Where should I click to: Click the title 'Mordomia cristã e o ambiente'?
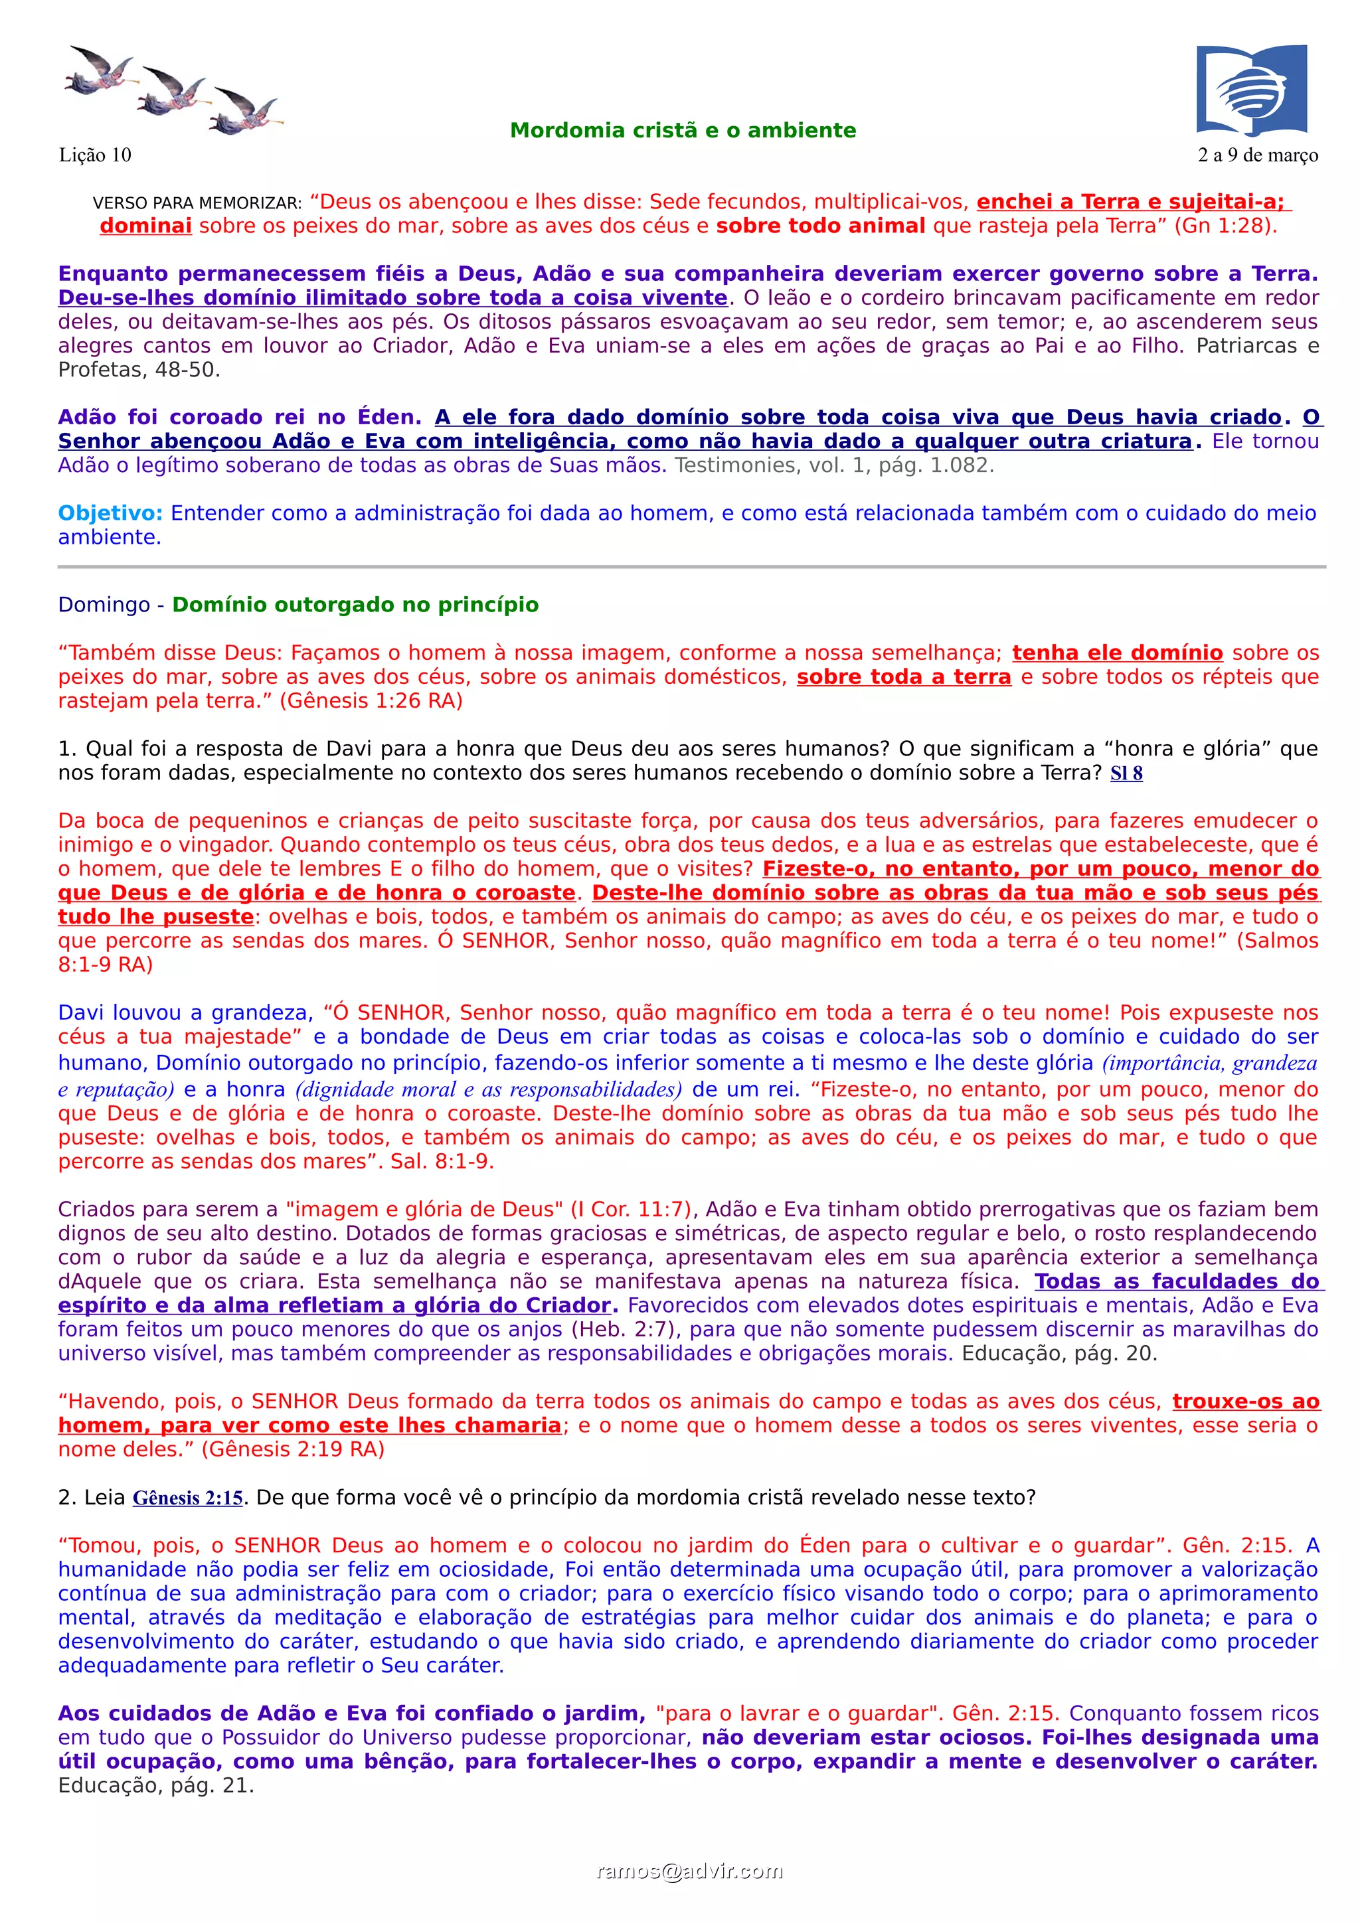pos(683,131)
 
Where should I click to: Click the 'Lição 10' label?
pos(95,155)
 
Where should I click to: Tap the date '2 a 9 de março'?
pos(1258,155)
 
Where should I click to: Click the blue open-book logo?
pos(1251,90)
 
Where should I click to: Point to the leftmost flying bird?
pos(99,70)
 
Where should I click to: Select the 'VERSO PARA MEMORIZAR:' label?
pos(197,204)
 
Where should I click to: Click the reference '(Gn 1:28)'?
pos(1226,226)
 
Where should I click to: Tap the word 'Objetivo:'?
pos(110,514)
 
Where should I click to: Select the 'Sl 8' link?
pos(1126,773)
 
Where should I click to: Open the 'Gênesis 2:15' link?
pos(188,1498)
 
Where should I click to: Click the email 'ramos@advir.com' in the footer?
pos(690,1871)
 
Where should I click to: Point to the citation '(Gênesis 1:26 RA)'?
pos(371,700)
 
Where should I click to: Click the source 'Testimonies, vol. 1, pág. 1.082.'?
pos(835,466)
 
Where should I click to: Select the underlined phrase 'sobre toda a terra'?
pos(903,677)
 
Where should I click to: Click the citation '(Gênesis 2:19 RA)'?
pos(292,1450)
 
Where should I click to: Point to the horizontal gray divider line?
pos(691,568)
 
